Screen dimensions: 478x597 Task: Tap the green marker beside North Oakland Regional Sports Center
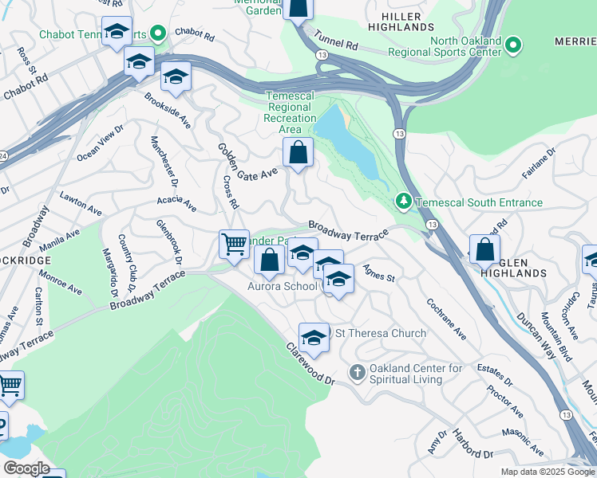click(514, 46)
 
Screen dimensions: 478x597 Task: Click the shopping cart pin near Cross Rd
click(234, 243)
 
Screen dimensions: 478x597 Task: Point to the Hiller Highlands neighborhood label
click(407, 22)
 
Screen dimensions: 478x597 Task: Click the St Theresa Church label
click(380, 333)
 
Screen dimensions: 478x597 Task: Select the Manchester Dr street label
click(160, 161)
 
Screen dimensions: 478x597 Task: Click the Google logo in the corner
click(26, 468)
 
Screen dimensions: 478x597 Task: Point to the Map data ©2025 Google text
click(547, 472)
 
